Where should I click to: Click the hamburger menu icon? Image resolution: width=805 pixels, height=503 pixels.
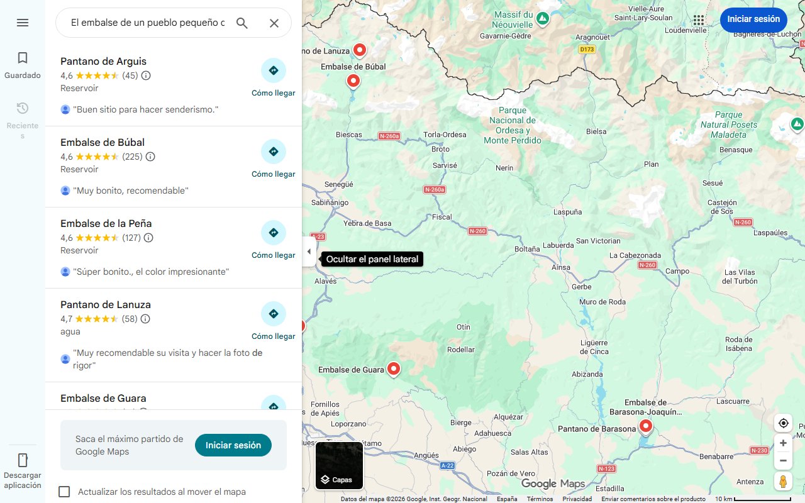23,23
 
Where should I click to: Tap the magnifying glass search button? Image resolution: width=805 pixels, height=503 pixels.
242,23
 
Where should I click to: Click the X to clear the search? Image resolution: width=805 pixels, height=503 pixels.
274,23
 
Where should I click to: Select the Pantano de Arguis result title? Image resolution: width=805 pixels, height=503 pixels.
103,61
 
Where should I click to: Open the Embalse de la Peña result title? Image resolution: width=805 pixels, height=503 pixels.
106,223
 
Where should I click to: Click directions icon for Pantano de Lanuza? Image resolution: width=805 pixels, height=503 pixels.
273,314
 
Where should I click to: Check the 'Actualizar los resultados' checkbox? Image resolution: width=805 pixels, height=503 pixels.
64,492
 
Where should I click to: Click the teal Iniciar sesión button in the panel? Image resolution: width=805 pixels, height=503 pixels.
233,445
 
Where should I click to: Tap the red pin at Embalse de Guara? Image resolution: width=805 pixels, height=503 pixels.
394,368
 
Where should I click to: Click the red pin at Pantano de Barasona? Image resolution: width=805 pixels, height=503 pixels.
646,427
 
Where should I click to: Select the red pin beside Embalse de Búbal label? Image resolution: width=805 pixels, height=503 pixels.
353,80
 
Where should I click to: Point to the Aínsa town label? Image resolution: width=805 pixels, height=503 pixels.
560,267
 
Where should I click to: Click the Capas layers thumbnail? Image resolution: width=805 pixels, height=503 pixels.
339,465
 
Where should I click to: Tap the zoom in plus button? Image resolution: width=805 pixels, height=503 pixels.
783,443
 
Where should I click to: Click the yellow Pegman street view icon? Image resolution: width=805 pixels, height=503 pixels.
783,482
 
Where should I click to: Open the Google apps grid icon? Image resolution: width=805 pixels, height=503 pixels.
699,19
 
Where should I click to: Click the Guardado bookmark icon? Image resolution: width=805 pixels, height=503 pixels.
23,58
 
